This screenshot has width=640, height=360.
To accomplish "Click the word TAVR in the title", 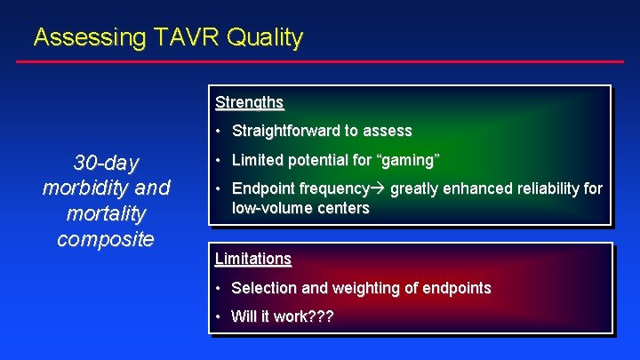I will coord(182,37).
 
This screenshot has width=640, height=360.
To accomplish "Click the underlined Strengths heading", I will coord(249,102).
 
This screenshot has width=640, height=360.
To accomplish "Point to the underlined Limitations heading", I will coord(253,259).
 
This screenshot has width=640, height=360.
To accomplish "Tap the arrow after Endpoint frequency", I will coord(378,188).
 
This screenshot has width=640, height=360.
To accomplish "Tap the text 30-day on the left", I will coord(106,164).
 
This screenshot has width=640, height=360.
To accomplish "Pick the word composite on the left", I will coord(106,239).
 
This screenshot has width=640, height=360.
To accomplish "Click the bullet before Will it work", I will coord(219,316).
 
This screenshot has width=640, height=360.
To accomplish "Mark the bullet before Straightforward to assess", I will coord(220,131).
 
